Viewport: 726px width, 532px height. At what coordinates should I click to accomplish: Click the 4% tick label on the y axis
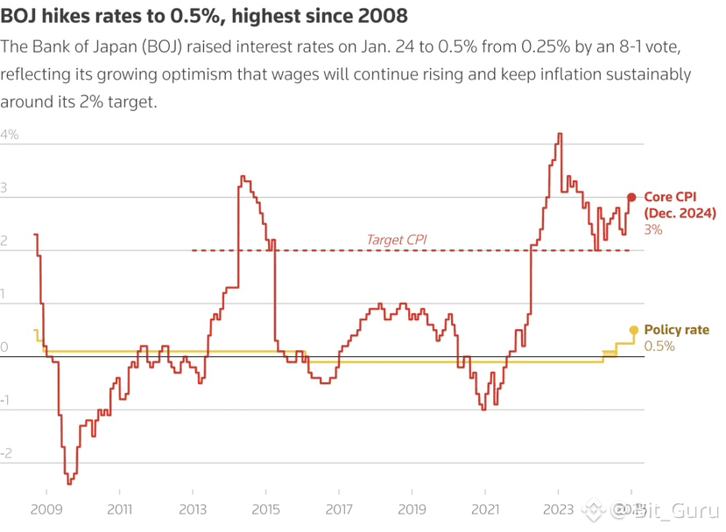10,136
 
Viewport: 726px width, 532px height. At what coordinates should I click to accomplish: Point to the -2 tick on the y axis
8,453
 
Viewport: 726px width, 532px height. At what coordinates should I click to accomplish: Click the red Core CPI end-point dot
631,198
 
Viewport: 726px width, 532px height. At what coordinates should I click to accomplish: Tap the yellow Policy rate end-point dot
633,330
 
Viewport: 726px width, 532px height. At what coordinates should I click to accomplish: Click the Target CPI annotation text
397,240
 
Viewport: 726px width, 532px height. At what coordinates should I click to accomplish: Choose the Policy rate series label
676,330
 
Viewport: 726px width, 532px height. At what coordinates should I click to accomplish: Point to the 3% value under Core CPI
653,229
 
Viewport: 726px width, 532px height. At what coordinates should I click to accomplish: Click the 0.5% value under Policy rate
659,346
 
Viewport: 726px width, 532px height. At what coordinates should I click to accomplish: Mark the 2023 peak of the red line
560,134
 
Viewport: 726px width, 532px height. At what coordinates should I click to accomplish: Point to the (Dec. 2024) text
680,213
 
